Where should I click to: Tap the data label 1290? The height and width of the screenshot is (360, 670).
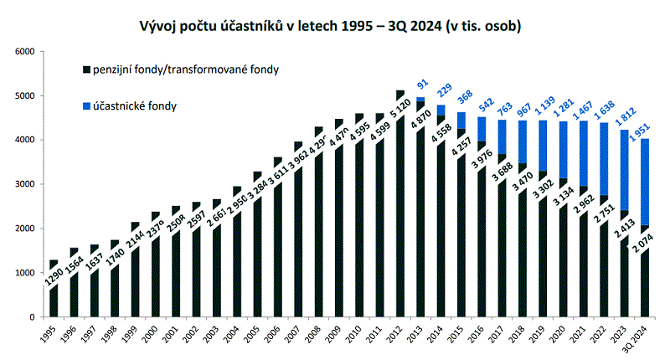point(54,275)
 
